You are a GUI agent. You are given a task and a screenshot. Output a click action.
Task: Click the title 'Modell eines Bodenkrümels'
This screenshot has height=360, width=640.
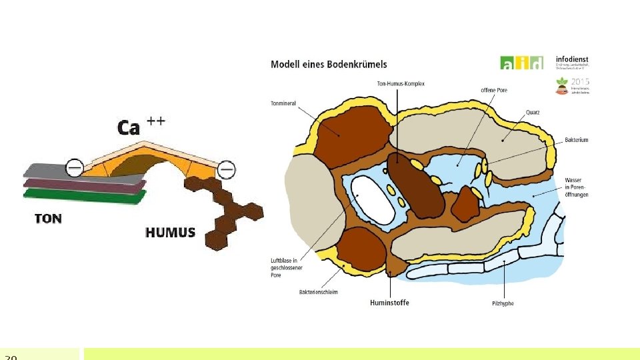click(329, 65)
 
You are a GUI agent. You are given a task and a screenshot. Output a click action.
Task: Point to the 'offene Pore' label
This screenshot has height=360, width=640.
click(494, 90)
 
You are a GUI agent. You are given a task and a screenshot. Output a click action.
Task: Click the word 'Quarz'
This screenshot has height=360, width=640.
click(533, 112)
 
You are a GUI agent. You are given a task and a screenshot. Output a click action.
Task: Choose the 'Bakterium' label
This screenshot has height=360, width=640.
click(576, 140)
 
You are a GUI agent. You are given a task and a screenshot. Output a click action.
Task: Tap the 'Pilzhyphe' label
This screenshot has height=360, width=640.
click(503, 303)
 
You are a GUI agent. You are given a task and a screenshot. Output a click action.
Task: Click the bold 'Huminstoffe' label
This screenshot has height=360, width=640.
click(389, 303)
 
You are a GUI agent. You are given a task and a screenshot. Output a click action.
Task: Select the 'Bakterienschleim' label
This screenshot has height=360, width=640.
click(319, 292)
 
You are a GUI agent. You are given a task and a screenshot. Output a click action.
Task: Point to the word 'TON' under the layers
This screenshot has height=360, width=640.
click(48, 218)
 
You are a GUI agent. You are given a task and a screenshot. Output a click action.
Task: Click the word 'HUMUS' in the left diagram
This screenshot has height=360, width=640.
click(170, 233)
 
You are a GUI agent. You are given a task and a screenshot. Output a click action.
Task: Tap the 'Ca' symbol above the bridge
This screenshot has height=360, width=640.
click(129, 127)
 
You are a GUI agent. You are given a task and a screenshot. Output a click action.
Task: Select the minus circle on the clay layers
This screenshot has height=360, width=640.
click(75, 168)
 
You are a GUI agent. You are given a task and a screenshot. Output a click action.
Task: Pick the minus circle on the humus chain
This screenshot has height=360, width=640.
click(227, 171)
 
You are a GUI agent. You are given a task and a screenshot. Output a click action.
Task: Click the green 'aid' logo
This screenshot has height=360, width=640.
click(521, 63)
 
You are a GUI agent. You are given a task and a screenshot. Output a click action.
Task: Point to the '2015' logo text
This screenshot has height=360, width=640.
click(581, 81)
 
